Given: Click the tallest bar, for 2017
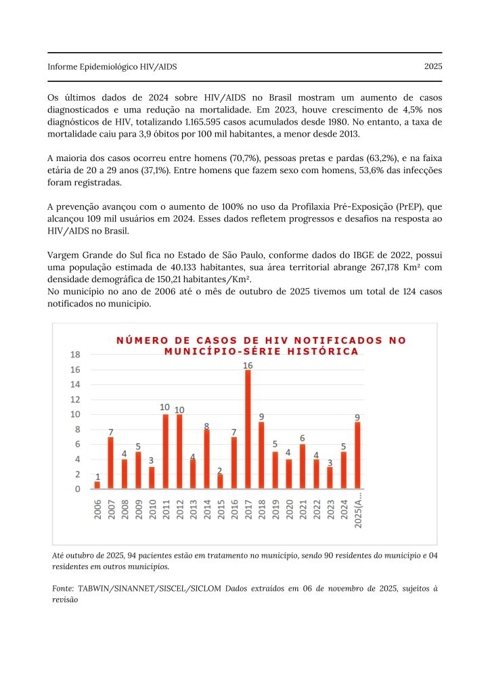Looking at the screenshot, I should coord(248,429).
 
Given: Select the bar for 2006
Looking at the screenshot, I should coord(97,485).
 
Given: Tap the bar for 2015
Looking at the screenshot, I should coord(221,481).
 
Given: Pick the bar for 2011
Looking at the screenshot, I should coord(166,451).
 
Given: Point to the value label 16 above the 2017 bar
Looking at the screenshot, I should coord(248,365).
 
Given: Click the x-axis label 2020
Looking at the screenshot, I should coord(289,508).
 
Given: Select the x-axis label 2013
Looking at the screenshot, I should coord(193,508).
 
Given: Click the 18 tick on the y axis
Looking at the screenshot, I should coord(76,355).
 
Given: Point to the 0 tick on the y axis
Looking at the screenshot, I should coord(78,489).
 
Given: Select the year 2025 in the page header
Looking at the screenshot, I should coord(433,66).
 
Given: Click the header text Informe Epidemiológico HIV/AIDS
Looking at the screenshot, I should coord(112,66).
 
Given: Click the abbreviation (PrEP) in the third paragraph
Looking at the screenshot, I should coord(379,205).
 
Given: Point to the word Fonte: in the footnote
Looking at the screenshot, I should coord(64,589).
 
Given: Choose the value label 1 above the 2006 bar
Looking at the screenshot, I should coord(97,476).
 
